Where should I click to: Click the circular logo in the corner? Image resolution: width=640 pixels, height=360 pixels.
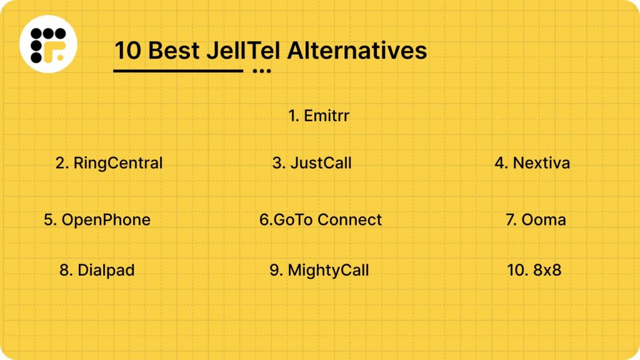(48, 44)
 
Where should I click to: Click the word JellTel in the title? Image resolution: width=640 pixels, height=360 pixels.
(243, 51)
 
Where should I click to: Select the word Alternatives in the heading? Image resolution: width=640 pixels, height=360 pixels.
(357, 51)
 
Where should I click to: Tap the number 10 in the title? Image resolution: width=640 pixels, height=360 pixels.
(127, 51)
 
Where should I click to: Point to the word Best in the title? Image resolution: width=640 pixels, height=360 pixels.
(174, 51)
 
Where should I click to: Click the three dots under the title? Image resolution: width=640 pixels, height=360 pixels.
(262, 71)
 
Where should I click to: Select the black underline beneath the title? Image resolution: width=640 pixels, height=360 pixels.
(178, 71)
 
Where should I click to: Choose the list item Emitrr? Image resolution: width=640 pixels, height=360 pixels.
(319, 116)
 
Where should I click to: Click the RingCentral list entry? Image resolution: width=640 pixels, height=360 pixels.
(109, 163)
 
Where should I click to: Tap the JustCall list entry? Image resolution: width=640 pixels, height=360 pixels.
(312, 163)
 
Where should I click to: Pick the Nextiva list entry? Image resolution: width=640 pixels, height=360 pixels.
(532, 163)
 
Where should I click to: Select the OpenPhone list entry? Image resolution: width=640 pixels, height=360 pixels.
(97, 219)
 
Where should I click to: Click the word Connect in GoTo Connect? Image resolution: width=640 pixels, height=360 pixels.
(350, 219)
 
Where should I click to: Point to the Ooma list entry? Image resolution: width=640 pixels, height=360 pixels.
(536, 219)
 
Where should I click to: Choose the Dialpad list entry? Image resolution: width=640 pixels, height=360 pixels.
(97, 270)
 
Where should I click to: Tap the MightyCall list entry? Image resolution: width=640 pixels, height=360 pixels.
(319, 270)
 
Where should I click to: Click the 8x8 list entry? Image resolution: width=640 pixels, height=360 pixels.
(534, 270)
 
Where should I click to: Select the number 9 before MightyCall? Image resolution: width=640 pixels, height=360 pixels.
(276, 270)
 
